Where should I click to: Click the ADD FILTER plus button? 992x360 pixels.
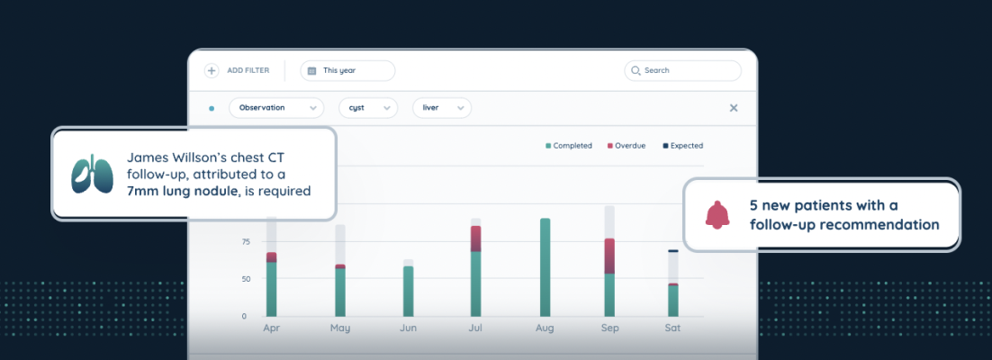point(212,70)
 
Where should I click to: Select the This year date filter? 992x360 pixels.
point(347,70)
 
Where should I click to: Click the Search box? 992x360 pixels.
point(682,70)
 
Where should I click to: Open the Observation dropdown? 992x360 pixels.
point(275,108)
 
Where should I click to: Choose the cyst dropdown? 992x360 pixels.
point(367,108)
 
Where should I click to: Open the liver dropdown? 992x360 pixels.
point(441,108)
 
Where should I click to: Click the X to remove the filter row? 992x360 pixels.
point(733,108)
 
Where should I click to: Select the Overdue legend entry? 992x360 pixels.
point(629,146)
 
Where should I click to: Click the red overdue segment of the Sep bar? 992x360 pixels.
point(609,256)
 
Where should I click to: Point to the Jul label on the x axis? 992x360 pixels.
point(476,328)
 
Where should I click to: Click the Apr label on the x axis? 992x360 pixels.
point(271,328)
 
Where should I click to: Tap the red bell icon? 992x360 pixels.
point(717,214)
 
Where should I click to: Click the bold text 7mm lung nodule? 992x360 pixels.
point(183,191)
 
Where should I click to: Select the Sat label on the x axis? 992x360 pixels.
point(672,328)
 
